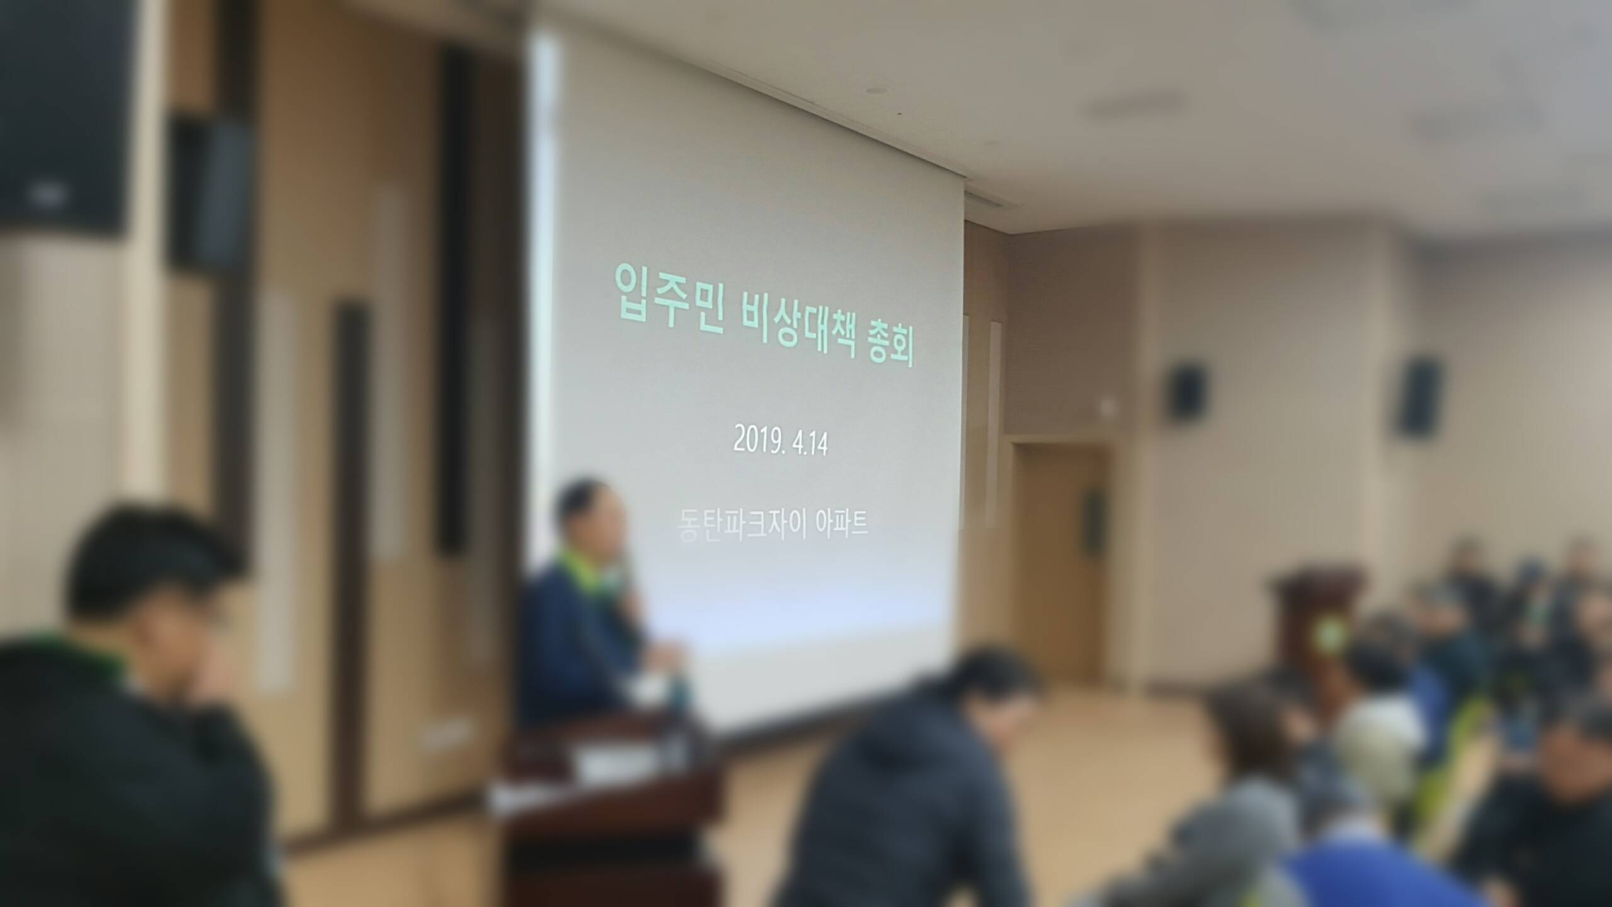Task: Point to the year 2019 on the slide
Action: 759,442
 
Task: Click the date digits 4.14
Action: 811,445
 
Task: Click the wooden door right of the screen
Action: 1060,557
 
